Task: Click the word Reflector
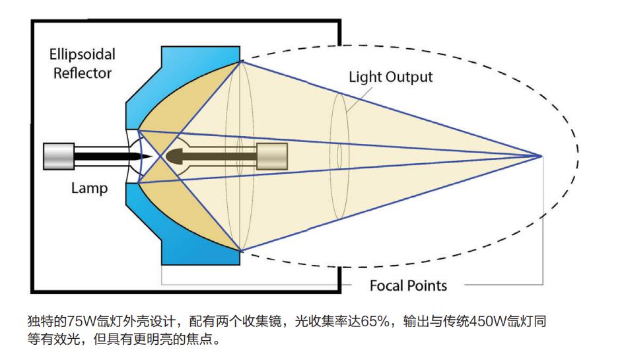point(80,72)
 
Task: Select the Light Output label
point(391,77)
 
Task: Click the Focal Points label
point(408,285)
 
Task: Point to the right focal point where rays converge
point(542,156)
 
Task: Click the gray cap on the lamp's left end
point(58,156)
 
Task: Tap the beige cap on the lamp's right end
point(272,156)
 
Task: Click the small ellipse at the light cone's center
point(339,156)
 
